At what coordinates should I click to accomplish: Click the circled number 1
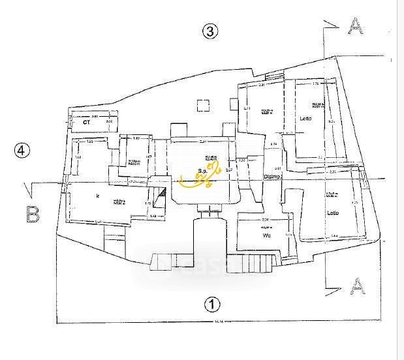click(210, 303)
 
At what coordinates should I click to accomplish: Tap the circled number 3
click(210, 31)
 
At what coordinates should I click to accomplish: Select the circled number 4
click(22, 151)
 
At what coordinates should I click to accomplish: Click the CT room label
click(85, 122)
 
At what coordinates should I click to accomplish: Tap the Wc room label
click(266, 235)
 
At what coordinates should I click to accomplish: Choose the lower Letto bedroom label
click(334, 213)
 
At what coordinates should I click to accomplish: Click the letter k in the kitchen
click(97, 195)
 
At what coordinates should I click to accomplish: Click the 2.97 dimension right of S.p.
click(229, 170)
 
